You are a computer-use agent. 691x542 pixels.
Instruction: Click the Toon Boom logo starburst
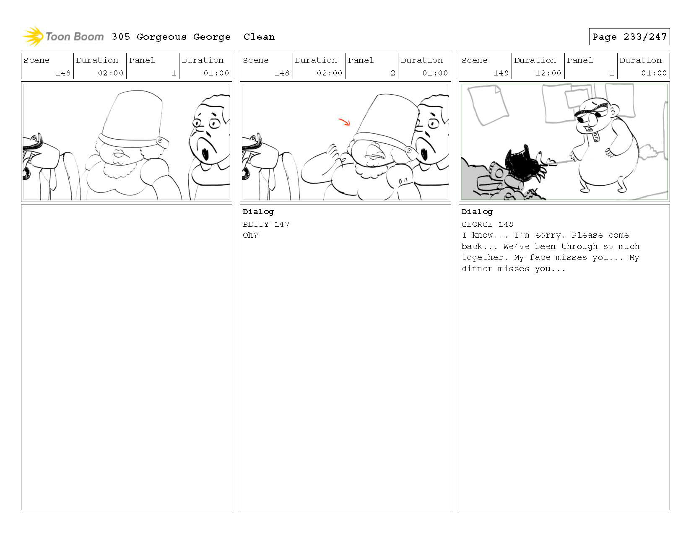pyautogui.click(x=33, y=36)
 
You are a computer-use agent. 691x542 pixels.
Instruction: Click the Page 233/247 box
pyautogui.click(x=629, y=36)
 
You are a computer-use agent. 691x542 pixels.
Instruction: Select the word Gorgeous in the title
pyautogui.click(x=161, y=37)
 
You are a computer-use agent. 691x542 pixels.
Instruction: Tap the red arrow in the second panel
pyautogui.click(x=344, y=122)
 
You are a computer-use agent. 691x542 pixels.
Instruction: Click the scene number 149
pyautogui.click(x=501, y=73)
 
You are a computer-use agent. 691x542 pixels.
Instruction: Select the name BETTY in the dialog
pyautogui.click(x=256, y=224)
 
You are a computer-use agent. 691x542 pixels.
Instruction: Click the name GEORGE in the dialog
pyautogui.click(x=477, y=224)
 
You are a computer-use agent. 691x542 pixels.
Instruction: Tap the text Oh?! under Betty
pyautogui.click(x=253, y=235)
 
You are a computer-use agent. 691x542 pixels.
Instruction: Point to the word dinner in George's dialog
pyautogui.click(x=477, y=269)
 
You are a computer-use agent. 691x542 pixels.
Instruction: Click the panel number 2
pyautogui.click(x=393, y=73)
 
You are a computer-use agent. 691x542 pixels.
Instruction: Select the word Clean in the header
pyautogui.click(x=259, y=37)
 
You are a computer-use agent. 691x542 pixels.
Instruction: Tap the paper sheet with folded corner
pyautogui.click(x=488, y=104)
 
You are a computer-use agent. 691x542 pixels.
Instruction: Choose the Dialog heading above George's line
pyautogui.click(x=477, y=212)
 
